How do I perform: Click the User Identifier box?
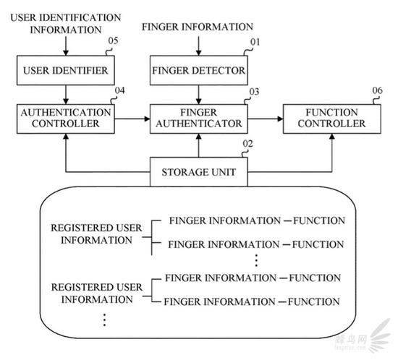coord(66,70)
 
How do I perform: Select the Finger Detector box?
coord(199,70)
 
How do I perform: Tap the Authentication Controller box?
coord(66,119)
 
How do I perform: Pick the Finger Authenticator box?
coord(199,119)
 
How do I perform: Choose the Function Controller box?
coord(332,119)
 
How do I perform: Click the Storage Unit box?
coord(199,172)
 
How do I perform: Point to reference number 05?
coord(113,40)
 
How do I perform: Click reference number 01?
coord(255,42)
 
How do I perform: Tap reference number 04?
coord(120,90)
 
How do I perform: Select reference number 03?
coord(254,92)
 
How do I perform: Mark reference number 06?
coord(378,90)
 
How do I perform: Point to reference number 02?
coord(247,144)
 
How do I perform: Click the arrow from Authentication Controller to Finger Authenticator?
coord(132,119)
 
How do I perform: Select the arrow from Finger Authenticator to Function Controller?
coord(266,119)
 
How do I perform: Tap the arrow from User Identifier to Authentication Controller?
coord(66,95)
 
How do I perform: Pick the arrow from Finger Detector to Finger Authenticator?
coord(199,95)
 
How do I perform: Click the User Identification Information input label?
coord(66,24)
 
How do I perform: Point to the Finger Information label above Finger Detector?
coord(198,27)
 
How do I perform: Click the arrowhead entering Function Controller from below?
coord(332,137)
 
